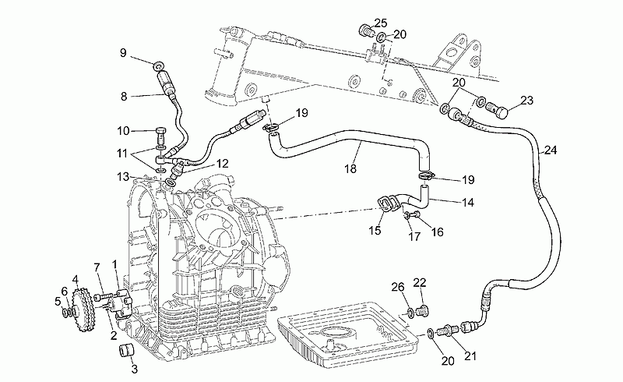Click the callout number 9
pyautogui.click(x=123, y=53)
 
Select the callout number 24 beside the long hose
pyautogui.click(x=551, y=150)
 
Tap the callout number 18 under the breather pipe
pyautogui.click(x=350, y=169)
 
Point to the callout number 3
pyautogui.click(x=134, y=370)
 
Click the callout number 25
pyautogui.click(x=380, y=23)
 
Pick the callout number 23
pyautogui.click(x=527, y=101)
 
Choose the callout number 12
pyautogui.click(x=223, y=164)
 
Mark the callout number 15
pyautogui.click(x=375, y=230)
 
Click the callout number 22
pyautogui.click(x=420, y=282)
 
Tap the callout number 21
pyautogui.click(x=470, y=355)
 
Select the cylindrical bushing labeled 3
pyautogui.click(x=127, y=352)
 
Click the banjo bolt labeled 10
pyautogui.click(x=160, y=134)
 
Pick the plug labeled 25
pyautogui.click(x=366, y=30)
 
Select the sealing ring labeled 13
pyautogui.click(x=170, y=183)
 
